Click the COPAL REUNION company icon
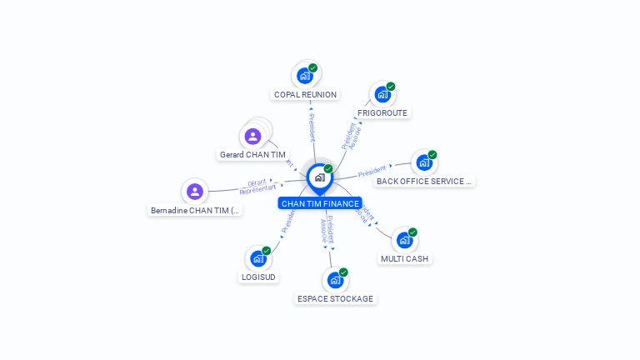(305, 76)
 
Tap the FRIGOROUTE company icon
(382, 94)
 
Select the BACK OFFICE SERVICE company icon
(424, 162)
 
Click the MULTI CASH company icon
(405, 240)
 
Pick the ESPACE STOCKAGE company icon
(335, 280)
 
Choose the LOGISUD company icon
(258, 258)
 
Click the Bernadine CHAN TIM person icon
(194, 192)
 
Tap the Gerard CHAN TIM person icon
(253, 136)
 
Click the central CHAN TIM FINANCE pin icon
(320, 177)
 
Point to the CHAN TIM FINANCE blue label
(320, 203)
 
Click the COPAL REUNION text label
(305, 95)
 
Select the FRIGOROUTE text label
(382, 112)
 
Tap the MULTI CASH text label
(404, 258)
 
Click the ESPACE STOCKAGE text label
(335, 298)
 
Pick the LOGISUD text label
(258, 277)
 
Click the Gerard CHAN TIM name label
(252, 155)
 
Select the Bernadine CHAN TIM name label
(195, 211)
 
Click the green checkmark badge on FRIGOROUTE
(391, 87)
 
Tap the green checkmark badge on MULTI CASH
(412, 232)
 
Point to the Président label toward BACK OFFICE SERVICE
(372, 172)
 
